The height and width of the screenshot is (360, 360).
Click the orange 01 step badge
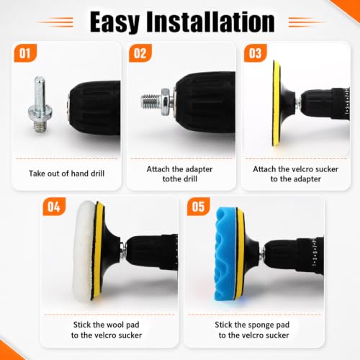(x=25, y=53)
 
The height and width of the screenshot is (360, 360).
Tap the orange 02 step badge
(x=140, y=53)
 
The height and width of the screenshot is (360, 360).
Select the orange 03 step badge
(x=256, y=53)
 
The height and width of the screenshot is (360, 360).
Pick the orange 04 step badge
(x=54, y=207)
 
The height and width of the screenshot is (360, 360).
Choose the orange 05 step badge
(x=199, y=207)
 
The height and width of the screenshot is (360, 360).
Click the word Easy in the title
(x=114, y=22)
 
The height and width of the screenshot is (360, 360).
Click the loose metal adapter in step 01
(x=40, y=104)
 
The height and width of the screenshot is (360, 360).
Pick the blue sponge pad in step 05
(x=225, y=254)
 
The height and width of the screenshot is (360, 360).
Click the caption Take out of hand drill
(x=66, y=174)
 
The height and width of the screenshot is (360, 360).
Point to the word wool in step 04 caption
(x=114, y=325)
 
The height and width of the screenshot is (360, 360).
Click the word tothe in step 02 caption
(x=173, y=179)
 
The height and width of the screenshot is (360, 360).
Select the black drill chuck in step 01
(x=94, y=108)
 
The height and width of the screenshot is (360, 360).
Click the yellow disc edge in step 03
(x=276, y=103)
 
